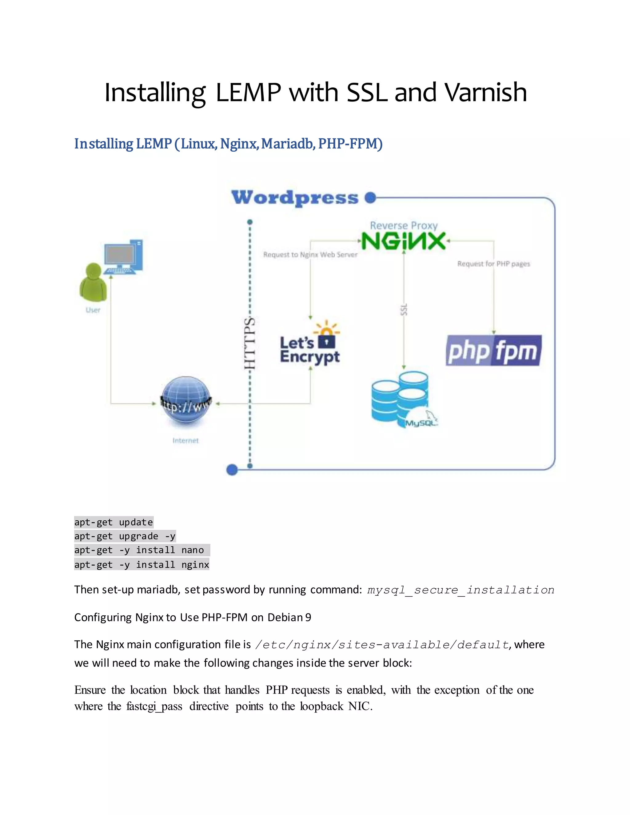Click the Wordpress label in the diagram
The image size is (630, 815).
pyautogui.click(x=294, y=198)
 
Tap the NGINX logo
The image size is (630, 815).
pyautogui.click(x=404, y=241)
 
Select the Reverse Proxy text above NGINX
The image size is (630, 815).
pyautogui.click(x=404, y=225)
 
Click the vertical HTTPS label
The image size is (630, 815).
pyautogui.click(x=249, y=343)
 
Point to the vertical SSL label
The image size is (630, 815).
pyautogui.click(x=404, y=310)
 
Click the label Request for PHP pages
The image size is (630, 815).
pyautogui.click(x=493, y=264)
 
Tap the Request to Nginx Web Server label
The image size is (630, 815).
pyautogui.click(x=310, y=255)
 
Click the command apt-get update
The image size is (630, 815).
pyautogui.click(x=114, y=522)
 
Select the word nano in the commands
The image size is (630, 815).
pyautogui.click(x=193, y=550)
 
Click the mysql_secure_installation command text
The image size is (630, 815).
pyautogui.click(x=461, y=590)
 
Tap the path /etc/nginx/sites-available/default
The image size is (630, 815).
pyautogui.click(x=381, y=644)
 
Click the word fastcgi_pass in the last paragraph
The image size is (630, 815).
pyautogui.click(x=154, y=706)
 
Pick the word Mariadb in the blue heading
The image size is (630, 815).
pyautogui.click(x=287, y=144)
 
